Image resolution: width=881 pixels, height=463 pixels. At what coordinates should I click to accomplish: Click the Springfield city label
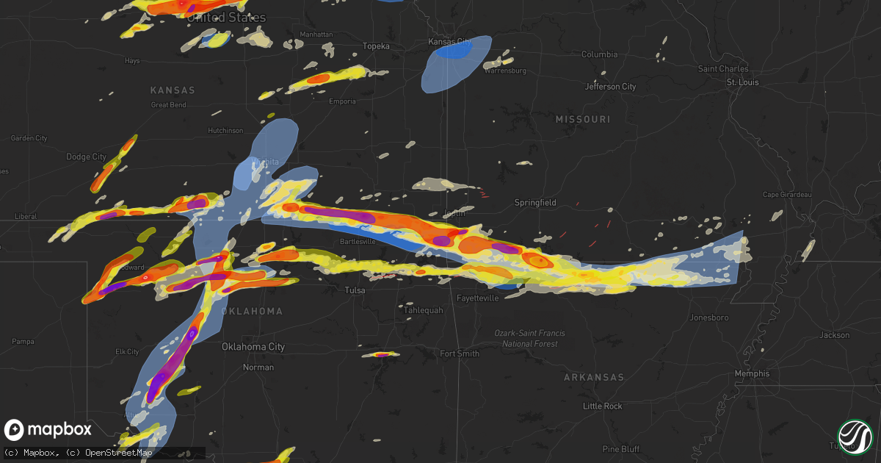coord(535,202)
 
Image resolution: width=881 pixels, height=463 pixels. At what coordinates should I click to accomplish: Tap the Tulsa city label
coord(355,290)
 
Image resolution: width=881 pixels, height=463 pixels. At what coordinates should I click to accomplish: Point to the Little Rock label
coord(602,406)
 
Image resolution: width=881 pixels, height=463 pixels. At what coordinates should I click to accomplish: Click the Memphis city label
coord(753,373)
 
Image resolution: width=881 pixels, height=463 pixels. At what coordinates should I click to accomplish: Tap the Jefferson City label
coord(610,87)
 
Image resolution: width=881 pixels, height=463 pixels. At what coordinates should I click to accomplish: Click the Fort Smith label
coord(460,353)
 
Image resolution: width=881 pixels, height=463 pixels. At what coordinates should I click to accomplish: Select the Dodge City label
coord(87,157)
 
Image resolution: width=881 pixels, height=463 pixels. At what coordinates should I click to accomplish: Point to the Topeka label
coord(376,46)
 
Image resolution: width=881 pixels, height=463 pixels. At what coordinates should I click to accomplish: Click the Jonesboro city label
coord(709,317)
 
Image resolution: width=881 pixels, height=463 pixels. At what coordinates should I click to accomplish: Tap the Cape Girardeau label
coord(786,195)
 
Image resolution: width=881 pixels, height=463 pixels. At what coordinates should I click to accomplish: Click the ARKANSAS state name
coord(594,377)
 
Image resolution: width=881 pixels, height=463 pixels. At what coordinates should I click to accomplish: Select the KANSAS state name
coord(173,90)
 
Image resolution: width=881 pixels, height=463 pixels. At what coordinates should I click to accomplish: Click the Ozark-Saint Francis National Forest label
coord(530,339)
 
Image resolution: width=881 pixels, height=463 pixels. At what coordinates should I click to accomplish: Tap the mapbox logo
coord(48,430)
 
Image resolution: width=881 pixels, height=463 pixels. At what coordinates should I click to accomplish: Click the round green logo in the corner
coord(855,437)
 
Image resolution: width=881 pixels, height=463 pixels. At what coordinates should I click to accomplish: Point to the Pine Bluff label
coord(621,449)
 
